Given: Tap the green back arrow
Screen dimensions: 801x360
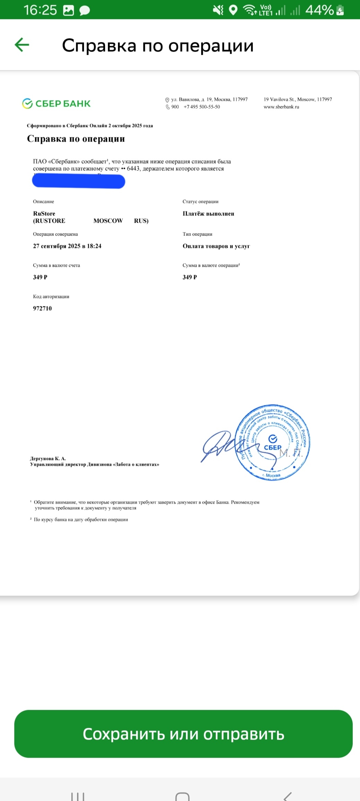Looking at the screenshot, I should tap(22, 45).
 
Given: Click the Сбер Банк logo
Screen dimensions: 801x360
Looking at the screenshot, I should tap(56, 103).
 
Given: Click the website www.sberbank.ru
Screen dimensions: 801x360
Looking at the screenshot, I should tap(281, 107).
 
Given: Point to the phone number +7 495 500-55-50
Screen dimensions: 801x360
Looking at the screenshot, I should tap(202, 107).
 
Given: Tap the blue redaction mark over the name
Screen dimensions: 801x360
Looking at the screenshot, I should tap(78, 181).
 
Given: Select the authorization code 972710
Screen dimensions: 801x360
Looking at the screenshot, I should tap(42, 308).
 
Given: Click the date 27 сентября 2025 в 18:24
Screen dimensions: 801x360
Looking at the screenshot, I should tap(67, 246).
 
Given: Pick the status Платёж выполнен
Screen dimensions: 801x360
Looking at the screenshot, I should tap(208, 214).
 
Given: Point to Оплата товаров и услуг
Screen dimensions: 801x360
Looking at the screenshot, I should tap(216, 246).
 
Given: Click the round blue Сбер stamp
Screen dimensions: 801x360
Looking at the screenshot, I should tap(273, 442).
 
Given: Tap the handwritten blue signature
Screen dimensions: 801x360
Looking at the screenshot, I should tap(218, 446).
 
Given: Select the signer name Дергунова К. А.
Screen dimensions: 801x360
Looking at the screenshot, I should tap(48, 458).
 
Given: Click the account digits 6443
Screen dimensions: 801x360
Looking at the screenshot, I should tap(133, 169).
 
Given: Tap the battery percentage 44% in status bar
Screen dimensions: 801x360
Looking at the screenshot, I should tap(319, 10).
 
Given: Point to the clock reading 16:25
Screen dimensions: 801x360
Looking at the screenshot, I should tap(40, 10).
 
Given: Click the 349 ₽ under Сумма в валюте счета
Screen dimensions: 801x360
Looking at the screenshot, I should tap(40, 277).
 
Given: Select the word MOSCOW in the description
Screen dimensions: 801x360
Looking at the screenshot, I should tap(108, 221).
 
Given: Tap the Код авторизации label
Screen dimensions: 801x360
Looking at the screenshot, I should tap(51, 297).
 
